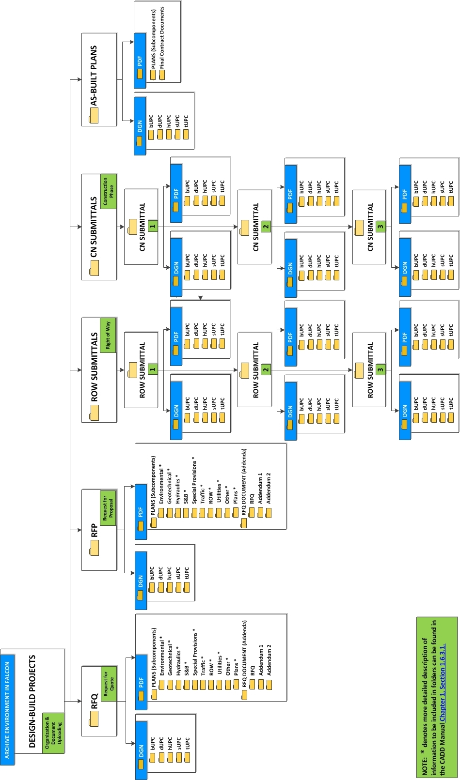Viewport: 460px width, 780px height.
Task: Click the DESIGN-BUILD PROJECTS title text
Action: (x=32, y=702)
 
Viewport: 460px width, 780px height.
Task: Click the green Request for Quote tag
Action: (x=108, y=681)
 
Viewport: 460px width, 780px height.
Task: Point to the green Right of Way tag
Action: (x=108, y=335)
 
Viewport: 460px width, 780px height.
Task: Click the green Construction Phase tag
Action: (x=108, y=191)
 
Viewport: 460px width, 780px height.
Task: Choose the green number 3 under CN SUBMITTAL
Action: (x=381, y=226)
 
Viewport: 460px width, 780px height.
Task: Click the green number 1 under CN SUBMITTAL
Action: (x=153, y=226)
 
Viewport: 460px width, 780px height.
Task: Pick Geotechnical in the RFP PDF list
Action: (x=170, y=486)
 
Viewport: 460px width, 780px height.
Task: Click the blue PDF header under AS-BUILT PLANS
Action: (x=140, y=61)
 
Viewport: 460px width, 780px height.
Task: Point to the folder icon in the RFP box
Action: (x=95, y=548)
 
